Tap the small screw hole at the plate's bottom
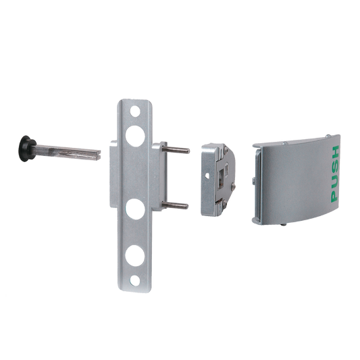point(134,279)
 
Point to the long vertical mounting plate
point(135,230)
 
